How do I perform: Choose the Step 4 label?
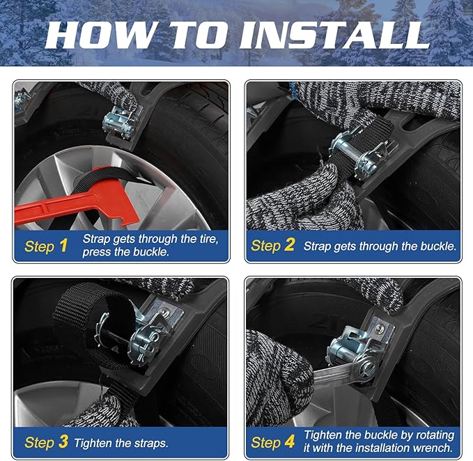coord(273,442)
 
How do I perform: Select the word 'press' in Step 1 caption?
coord(98,252)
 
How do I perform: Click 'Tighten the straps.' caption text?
coord(121,442)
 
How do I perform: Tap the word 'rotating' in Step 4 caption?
coord(431,435)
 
